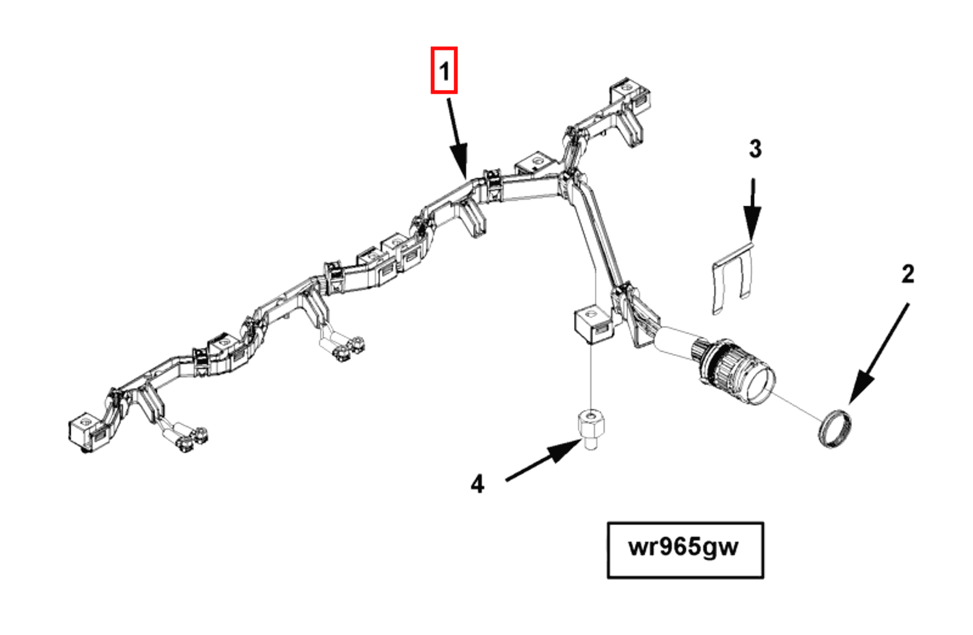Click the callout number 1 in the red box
444,71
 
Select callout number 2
907,273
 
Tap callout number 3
755,149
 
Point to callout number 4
477,483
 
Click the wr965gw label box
685,550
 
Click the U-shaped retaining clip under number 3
732,277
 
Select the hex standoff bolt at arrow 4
590,429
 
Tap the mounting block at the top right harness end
628,96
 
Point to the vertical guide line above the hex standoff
591,377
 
